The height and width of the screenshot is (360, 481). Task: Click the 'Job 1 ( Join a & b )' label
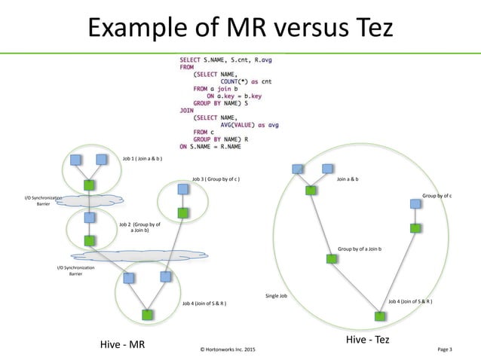pos(142,159)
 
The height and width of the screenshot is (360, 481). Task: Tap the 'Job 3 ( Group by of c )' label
pos(216,178)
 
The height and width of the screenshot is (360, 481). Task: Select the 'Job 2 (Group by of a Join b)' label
pos(139,227)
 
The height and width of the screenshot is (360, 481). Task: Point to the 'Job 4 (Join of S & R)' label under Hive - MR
pos(205,303)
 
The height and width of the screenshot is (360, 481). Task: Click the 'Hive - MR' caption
pos(122,345)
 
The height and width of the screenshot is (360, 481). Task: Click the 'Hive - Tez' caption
pos(368,340)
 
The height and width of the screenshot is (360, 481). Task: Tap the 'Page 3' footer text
pos(445,350)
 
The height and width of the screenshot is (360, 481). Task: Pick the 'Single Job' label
pos(276,296)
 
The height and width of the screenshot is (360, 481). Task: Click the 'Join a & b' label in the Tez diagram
pos(348,179)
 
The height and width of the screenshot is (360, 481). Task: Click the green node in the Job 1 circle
pos(89,185)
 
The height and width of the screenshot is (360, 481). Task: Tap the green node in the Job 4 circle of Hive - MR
pos(148,314)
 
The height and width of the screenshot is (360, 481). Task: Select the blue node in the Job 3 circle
pos(183,190)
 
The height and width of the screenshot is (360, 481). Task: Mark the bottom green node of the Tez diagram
pos(379,316)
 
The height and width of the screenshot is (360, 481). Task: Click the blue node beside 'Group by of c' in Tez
pos(415,203)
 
